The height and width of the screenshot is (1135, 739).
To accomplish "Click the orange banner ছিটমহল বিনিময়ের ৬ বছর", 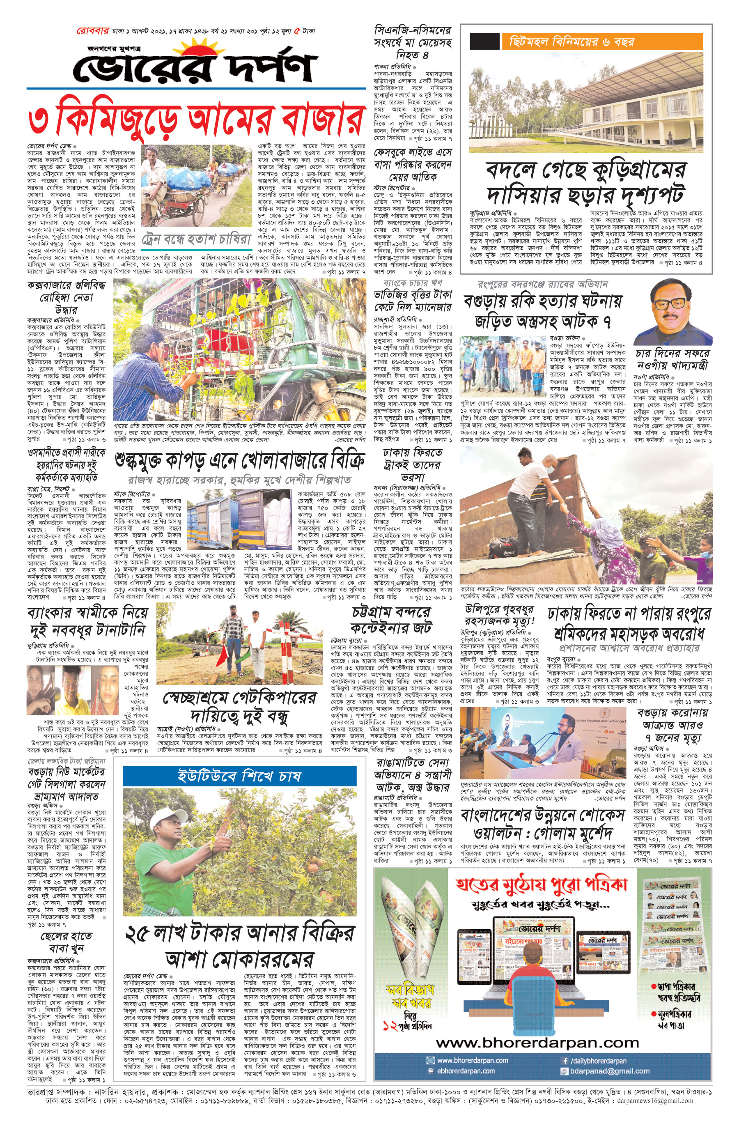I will [x=601, y=41].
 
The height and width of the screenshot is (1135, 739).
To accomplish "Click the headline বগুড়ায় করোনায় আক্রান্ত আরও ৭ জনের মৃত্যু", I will [x=672, y=725].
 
